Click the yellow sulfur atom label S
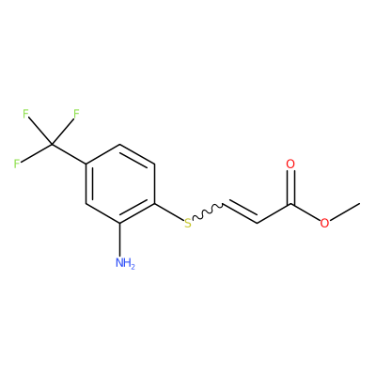187,223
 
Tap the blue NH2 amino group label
125,262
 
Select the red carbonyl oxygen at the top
290,164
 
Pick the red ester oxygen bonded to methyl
324,223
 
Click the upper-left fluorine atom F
25,114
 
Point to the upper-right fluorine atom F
76,114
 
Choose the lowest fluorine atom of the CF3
17,164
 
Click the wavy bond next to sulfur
207,211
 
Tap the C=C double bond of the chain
241,211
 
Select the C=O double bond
290,187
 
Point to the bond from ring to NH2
120,240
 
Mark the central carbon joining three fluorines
52,145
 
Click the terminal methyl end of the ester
359,203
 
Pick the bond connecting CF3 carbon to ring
69,154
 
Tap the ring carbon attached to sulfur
154,204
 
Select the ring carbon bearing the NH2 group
120,223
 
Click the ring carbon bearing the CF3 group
86,164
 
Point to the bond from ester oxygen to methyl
344,211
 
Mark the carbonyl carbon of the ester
290,204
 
